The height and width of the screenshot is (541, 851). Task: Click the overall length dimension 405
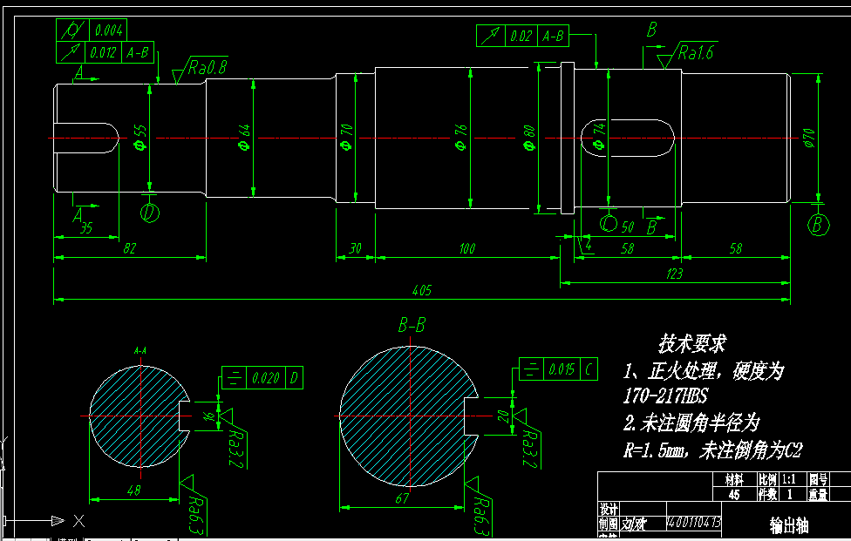tap(422, 290)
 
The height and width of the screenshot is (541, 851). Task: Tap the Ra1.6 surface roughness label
tap(696, 53)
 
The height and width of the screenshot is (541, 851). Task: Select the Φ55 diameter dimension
tap(140, 138)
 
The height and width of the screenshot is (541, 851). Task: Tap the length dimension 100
tap(466, 249)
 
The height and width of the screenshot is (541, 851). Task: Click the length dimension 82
tap(129, 249)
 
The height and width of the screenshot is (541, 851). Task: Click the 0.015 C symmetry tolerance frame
tap(559, 369)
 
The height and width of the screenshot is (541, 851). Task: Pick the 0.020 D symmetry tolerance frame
tap(262, 378)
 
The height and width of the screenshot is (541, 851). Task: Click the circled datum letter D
tap(150, 213)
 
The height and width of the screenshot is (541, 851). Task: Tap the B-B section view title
tap(412, 326)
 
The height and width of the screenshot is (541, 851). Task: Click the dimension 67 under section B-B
tap(402, 498)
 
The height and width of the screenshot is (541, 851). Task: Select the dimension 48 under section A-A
tap(133, 491)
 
